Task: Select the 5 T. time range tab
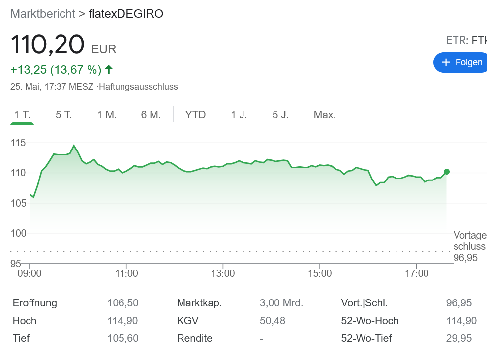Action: pos(64,115)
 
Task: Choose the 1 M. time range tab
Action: pos(107,115)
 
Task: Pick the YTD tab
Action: pos(195,115)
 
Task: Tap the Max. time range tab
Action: pos(325,115)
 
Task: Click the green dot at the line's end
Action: pos(446,172)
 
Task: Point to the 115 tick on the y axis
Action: pos(18,143)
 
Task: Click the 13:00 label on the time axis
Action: pos(223,273)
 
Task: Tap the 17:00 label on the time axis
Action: pos(416,273)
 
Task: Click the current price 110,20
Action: pos(48,44)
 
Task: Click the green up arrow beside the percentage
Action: pos(109,69)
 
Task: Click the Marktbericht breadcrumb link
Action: pos(43,14)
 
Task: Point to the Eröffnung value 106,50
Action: pos(123,303)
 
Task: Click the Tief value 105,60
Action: pos(123,338)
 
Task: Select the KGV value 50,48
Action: pos(273,321)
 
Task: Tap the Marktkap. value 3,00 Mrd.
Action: pos(281,303)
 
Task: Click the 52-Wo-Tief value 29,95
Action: pos(459,338)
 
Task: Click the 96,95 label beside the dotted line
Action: pos(465,258)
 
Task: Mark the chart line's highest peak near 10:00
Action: pos(74,146)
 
